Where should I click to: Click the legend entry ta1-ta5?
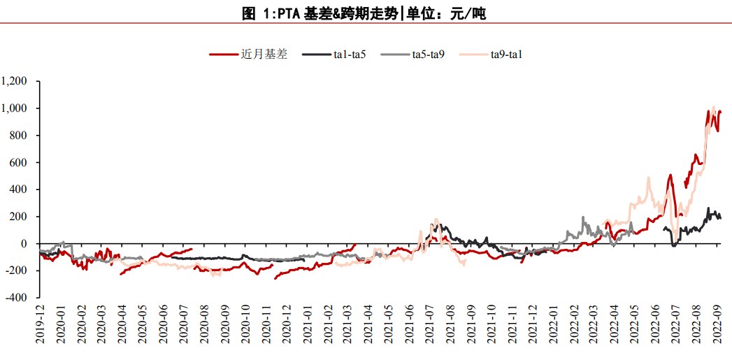click(350, 54)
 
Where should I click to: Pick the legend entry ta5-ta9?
click(429, 54)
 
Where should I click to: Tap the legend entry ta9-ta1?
click(507, 54)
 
